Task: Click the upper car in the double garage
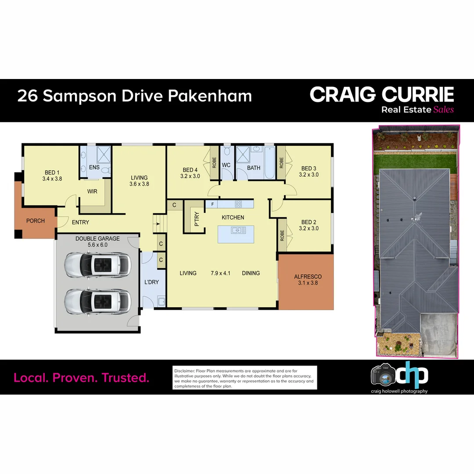(97, 265)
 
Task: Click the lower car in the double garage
(97, 302)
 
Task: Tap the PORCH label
(36, 221)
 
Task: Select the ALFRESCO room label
(308, 276)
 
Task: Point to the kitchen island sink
(236, 230)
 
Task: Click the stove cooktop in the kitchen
(238, 204)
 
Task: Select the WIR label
(92, 192)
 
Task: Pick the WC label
(226, 165)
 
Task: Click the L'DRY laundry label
(151, 282)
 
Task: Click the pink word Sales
(443, 110)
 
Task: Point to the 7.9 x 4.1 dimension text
(219, 273)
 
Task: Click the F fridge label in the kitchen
(212, 204)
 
